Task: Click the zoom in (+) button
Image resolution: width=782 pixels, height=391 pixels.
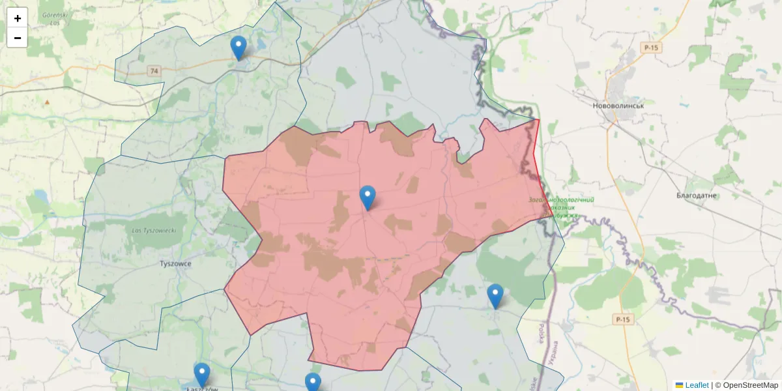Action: (x=17, y=18)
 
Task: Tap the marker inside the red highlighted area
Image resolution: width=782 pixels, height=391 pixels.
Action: (x=368, y=197)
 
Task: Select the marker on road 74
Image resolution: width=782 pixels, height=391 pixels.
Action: (x=239, y=48)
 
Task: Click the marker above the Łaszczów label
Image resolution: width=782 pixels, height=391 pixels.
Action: (x=202, y=375)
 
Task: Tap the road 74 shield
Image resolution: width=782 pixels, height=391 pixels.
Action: (x=154, y=71)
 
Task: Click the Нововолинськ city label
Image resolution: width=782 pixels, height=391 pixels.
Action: (x=618, y=106)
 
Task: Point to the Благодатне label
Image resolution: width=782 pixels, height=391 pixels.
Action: (x=697, y=195)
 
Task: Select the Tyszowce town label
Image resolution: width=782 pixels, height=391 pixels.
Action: (x=175, y=264)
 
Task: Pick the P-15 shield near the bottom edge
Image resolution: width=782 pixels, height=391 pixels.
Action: (x=623, y=319)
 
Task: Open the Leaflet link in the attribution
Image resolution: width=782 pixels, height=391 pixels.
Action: (x=697, y=385)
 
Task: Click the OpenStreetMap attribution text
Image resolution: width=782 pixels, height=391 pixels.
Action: (x=750, y=385)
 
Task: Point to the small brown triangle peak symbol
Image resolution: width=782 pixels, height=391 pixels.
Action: (x=47, y=102)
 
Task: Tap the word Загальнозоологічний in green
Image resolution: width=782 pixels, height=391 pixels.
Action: (x=561, y=199)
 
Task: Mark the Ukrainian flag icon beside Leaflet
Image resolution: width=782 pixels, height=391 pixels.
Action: (x=679, y=385)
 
